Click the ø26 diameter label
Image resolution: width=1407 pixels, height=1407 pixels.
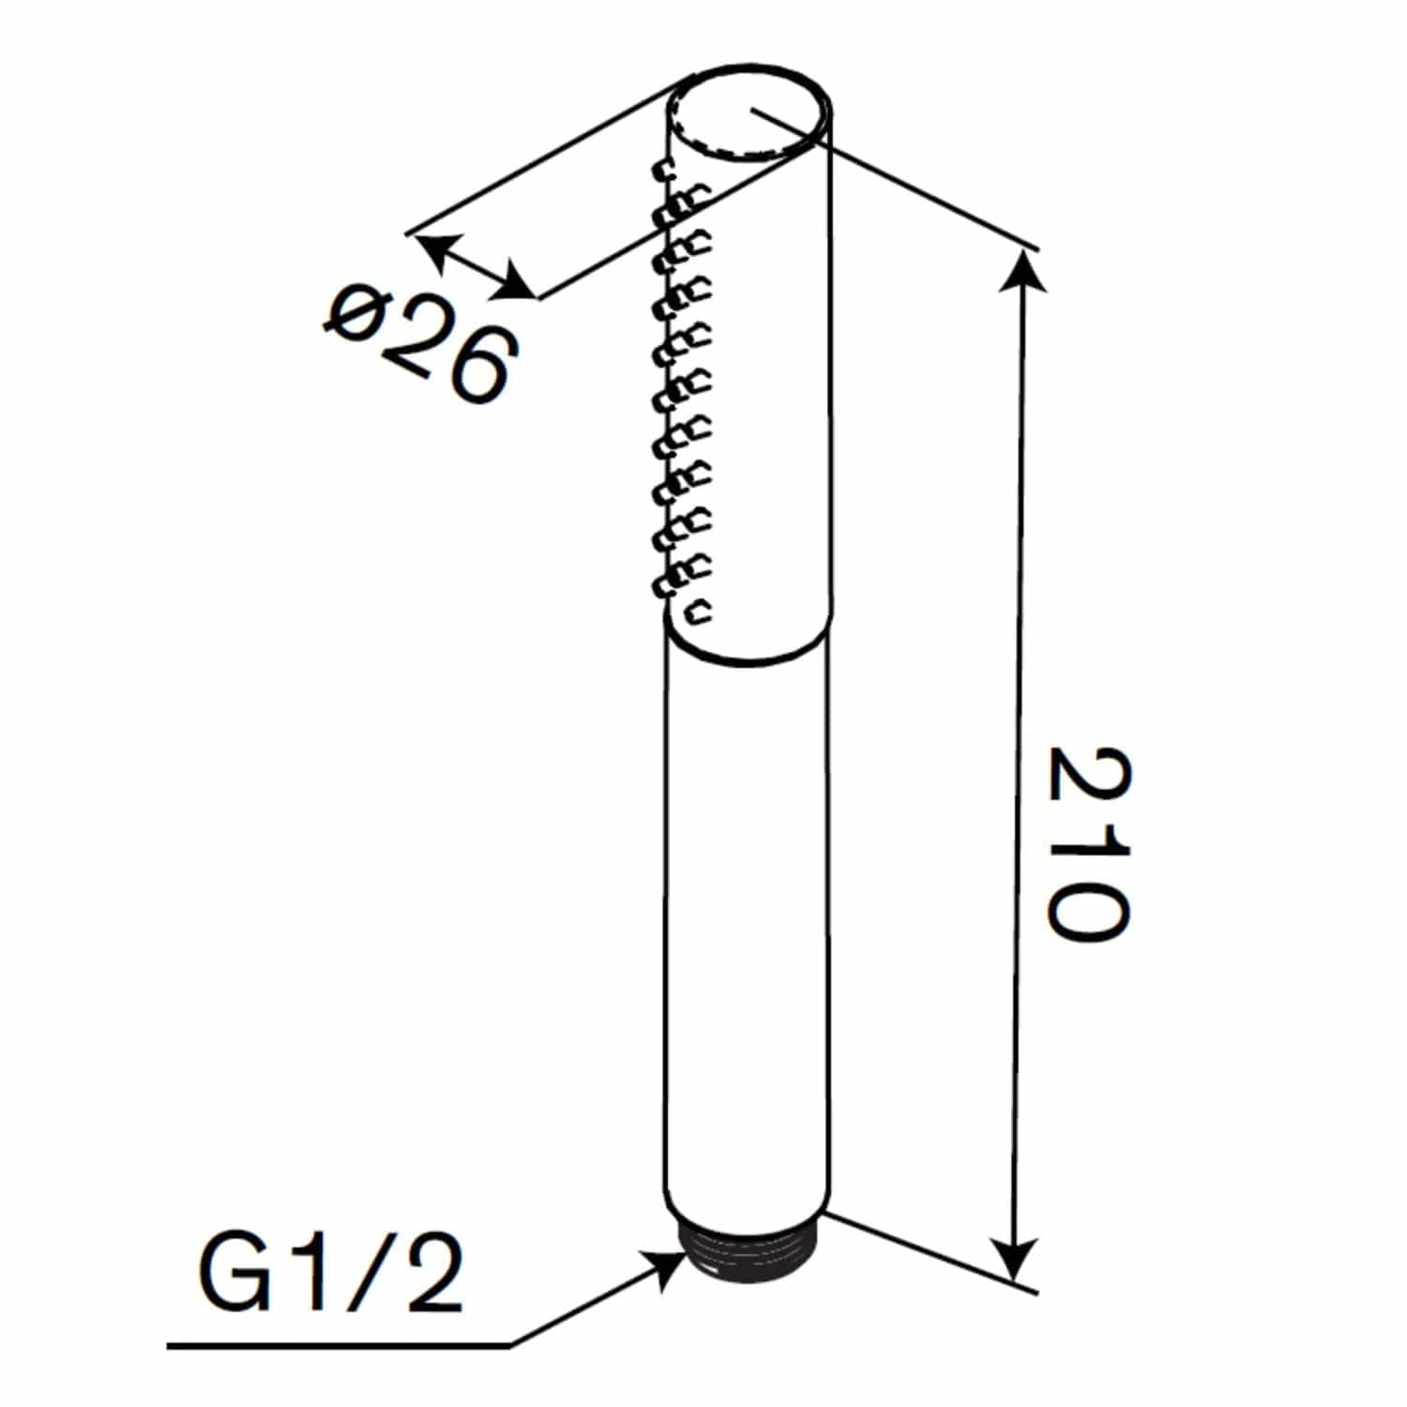point(420,343)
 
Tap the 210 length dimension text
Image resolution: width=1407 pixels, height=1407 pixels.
point(1088,842)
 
